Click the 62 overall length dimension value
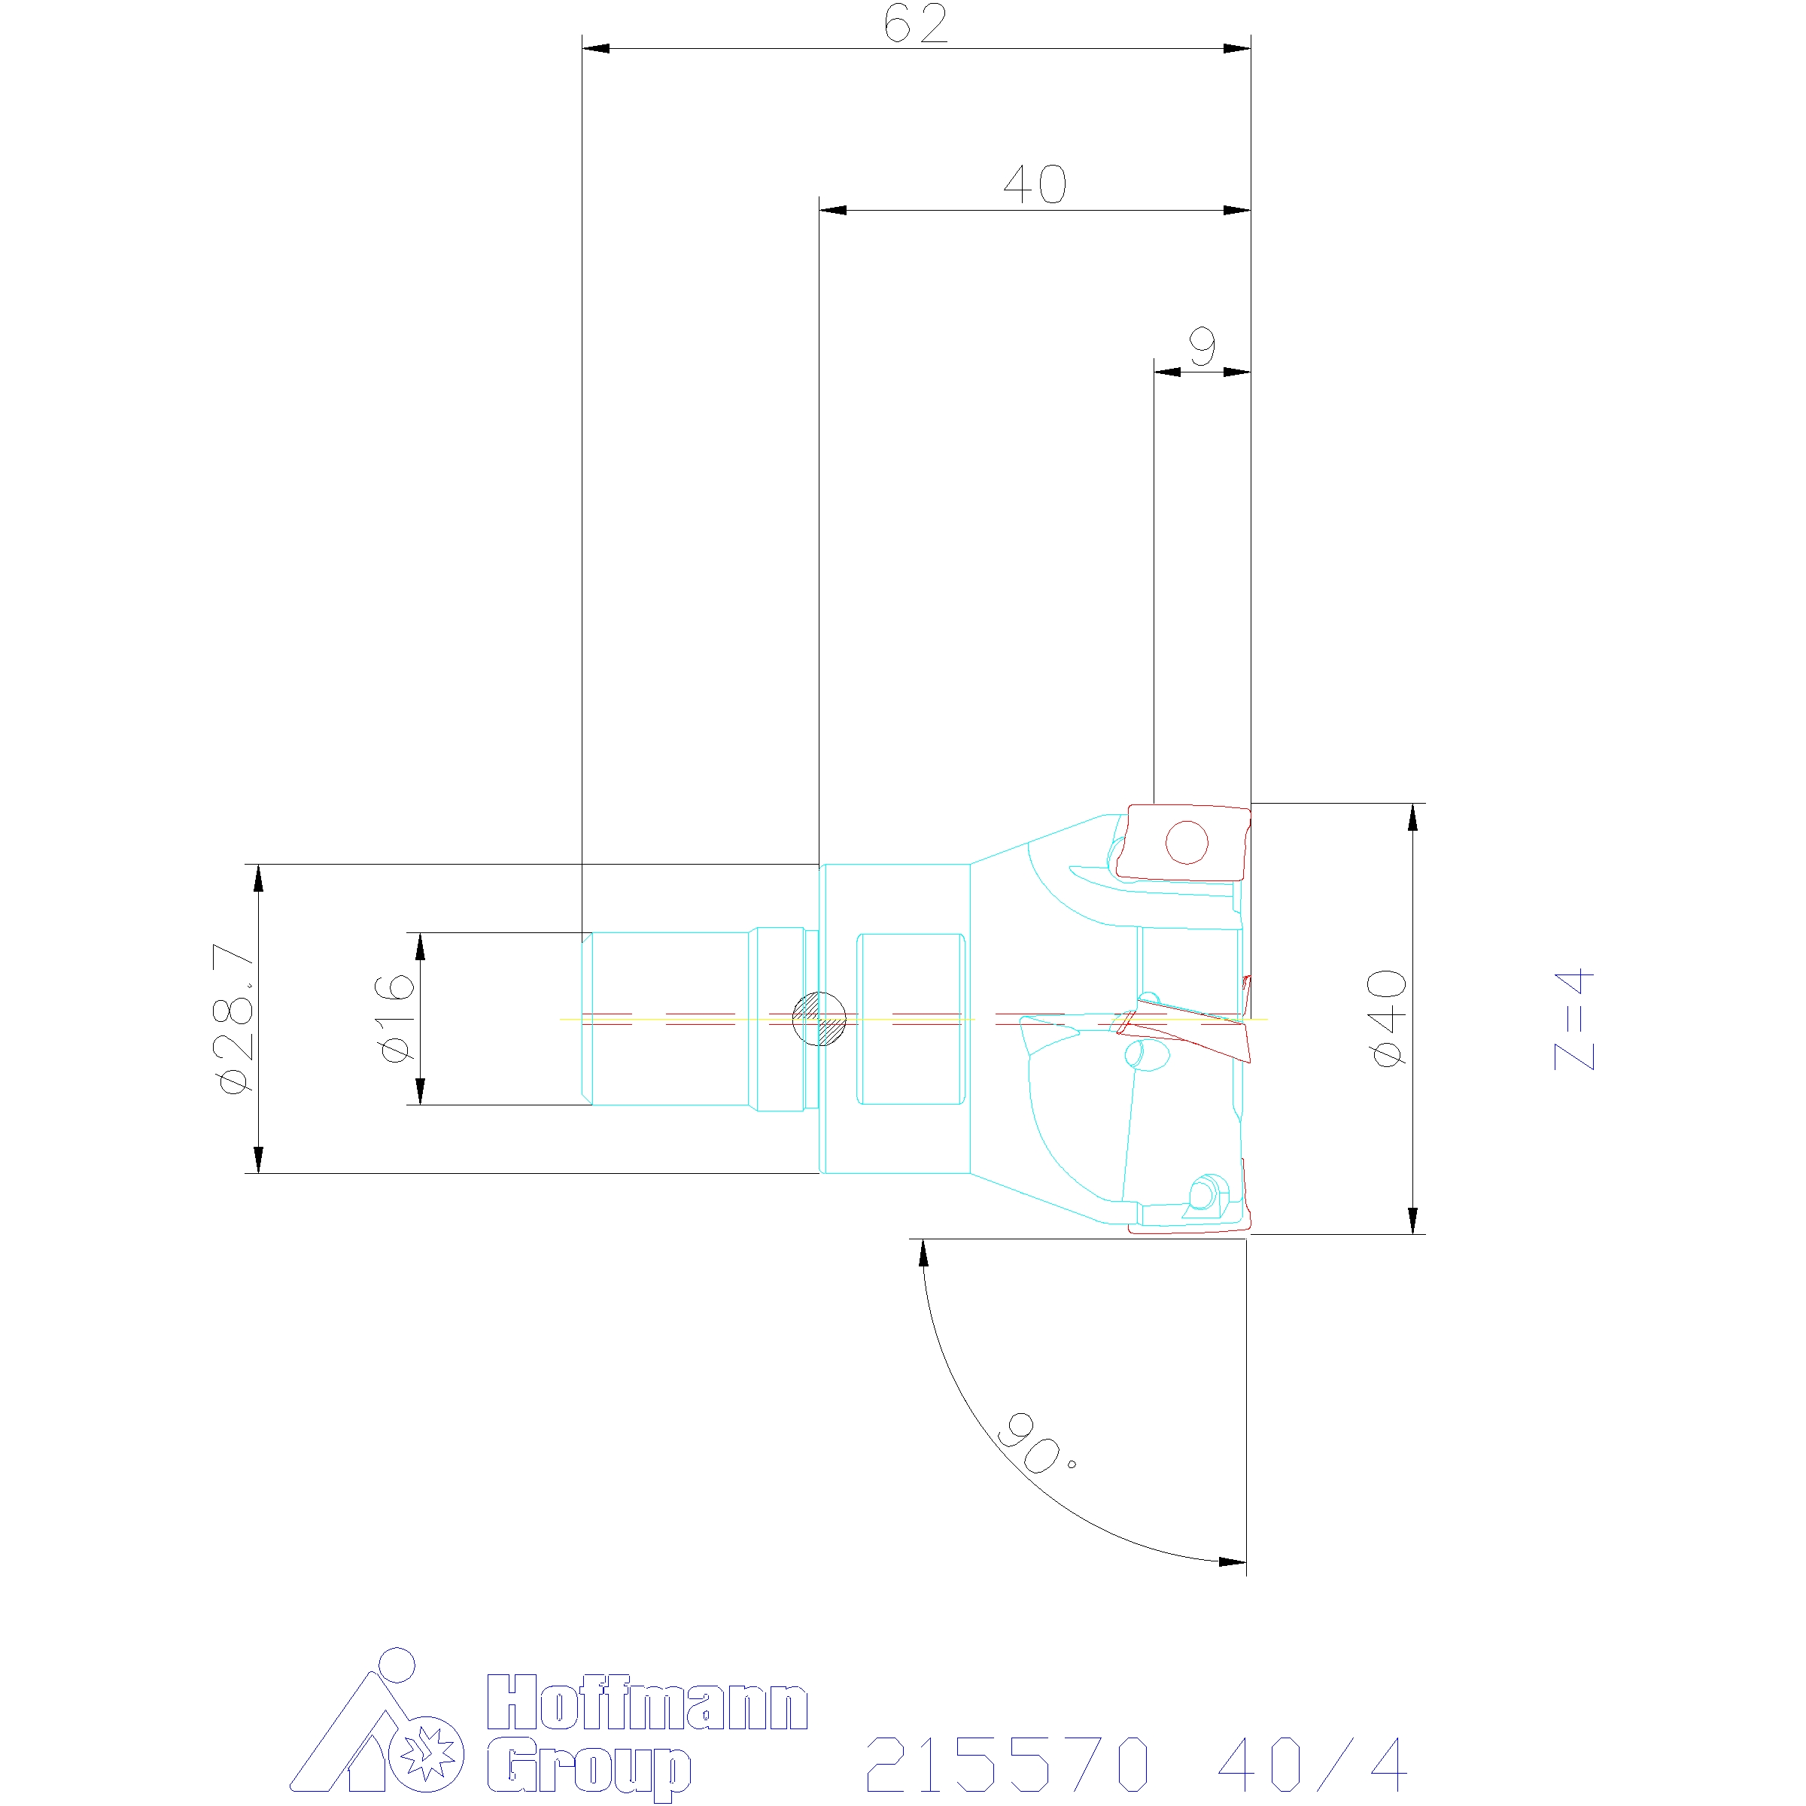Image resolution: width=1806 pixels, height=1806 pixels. [x=915, y=24]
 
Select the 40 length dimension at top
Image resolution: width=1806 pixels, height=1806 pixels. [x=1035, y=185]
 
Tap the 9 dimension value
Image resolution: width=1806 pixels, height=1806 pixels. [x=1202, y=347]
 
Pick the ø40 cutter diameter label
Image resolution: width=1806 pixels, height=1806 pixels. [x=1387, y=1018]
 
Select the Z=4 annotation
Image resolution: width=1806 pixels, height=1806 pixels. [x=1574, y=1019]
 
